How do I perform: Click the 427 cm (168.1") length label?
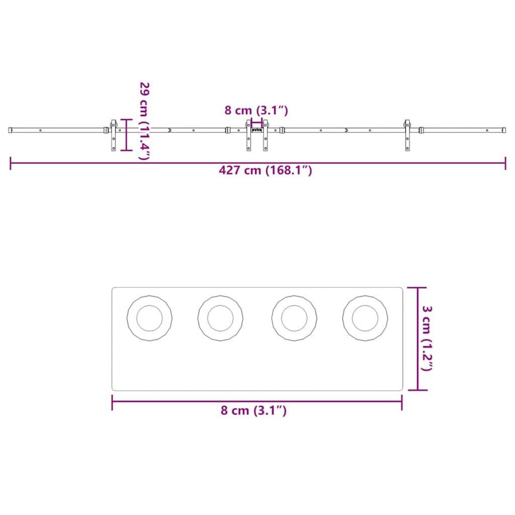tap(265, 170)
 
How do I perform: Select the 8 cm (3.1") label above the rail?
tap(256, 110)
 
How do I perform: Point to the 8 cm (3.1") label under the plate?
tap(253, 410)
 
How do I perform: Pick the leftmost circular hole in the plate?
tap(149, 318)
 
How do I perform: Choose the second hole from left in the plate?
tap(220, 318)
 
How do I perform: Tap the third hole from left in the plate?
tap(294, 318)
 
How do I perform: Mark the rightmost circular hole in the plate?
tap(365, 318)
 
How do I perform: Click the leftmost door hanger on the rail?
tap(114, 135)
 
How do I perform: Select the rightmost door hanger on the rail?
tap(406, 135)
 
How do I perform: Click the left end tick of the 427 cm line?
tap(10, 164)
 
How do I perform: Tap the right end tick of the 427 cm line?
tap(505, 164)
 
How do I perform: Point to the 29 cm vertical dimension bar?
tap(126, 135)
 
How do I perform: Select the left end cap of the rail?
tap(10, 130)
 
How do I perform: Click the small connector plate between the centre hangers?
tap(257, 129)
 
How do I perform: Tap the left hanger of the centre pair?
tap(248, 135)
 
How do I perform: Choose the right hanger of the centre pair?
tap(265, 135)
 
